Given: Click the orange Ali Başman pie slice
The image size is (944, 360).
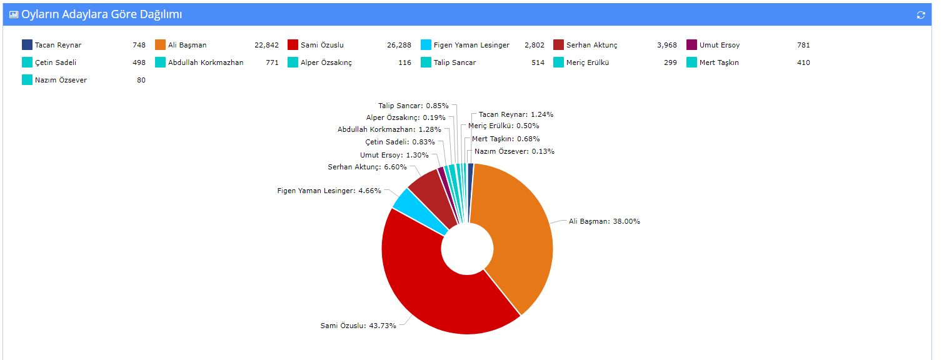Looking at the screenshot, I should (519, 237).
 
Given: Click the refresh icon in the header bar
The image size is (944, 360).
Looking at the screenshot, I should (920, 14).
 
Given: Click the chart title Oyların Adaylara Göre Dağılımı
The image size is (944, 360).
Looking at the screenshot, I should (102, 14).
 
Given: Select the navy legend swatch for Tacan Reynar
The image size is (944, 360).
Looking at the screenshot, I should (27, 45).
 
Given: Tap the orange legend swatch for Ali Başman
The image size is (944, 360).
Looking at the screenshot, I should (160, 45).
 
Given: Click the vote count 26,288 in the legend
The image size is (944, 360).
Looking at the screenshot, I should (399, 45).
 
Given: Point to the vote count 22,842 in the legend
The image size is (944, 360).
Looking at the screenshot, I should (266, 45).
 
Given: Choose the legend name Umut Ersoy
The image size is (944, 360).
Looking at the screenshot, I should (720, 45).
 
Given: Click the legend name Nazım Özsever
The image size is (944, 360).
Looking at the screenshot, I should (61, 80).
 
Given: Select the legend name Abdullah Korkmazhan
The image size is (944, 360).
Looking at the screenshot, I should (206, 62).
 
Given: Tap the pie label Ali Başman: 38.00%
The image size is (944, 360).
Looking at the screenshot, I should (604, 221).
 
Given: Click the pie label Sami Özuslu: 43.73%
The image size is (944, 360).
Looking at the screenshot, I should (358, 326).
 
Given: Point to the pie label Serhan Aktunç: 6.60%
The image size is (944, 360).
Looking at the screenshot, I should (367, 167).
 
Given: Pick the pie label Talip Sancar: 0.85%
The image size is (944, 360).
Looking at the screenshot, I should (413, 106).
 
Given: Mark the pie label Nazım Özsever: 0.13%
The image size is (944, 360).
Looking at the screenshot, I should (514, 151).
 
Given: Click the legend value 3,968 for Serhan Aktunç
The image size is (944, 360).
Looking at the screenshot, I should (666, 45).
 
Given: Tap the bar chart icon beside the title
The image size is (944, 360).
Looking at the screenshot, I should (14, 14).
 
